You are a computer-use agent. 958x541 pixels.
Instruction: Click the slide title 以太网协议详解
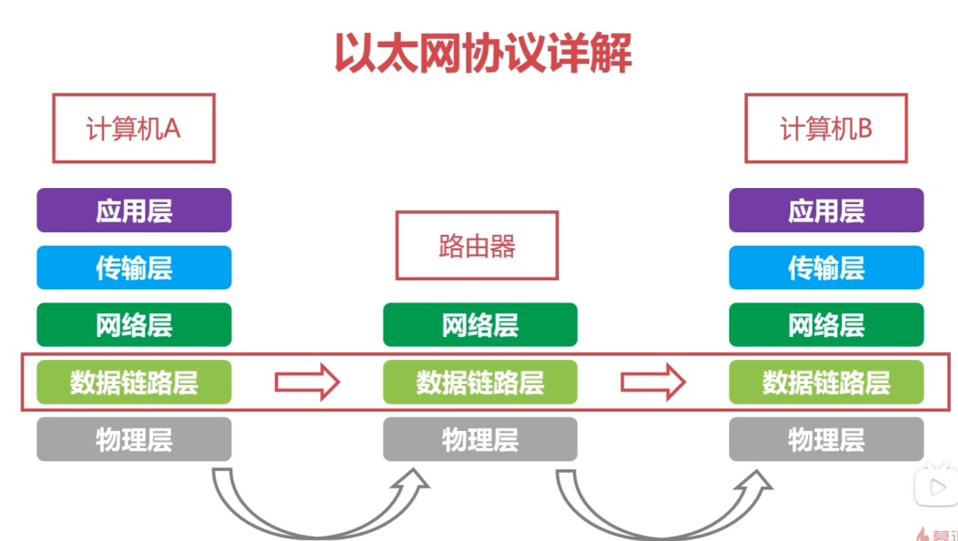pyautogui.click(x=483, y=53)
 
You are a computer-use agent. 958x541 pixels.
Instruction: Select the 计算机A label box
pyautogui.click(x=134, y=129)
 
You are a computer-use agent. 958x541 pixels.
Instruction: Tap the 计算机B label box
pyautogui.click(x=826, y=129)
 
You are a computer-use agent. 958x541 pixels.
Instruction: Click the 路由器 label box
pyautogui.click(x=477, y=246)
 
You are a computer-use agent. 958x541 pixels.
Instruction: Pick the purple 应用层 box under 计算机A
pyautogui.click(x=134, y=211)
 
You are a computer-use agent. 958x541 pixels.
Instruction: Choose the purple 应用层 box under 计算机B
pyautogui.click(x=826, y=211)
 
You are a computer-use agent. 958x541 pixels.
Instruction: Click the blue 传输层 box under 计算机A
pyautogui.click(x=134, y=268)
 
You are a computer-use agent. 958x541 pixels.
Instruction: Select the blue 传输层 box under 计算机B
pyautogui.click(x=826, y=268)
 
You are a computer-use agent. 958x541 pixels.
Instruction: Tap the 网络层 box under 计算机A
pyautogui.click(x=134, y=325)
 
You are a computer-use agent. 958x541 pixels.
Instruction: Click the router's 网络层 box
pyautogui.click(x=480, y=325)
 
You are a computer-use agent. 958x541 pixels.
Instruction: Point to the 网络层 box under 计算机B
pyautogui.click(x=826, y=325)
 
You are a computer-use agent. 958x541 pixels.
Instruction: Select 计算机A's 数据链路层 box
pyautogui.click(x=134, y=382)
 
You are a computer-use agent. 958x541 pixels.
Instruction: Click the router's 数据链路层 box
pyautogui.click(x=480, y=382)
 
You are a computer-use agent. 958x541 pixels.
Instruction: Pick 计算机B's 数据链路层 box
pyautogui.click(x=826, y=382)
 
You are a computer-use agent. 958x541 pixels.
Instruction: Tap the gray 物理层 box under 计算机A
pyautogui.click(x=134, y=439)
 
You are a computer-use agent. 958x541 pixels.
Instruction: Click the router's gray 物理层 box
pyautogui.click(x=480, y=439)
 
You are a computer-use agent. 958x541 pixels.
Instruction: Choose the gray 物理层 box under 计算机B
pyautogui.click(x=826, y=439)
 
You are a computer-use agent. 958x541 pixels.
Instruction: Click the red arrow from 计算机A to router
pyautogui.click(x=307, y=382)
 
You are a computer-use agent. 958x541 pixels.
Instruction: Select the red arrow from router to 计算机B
pyautogui.click(x=653, y=382)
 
